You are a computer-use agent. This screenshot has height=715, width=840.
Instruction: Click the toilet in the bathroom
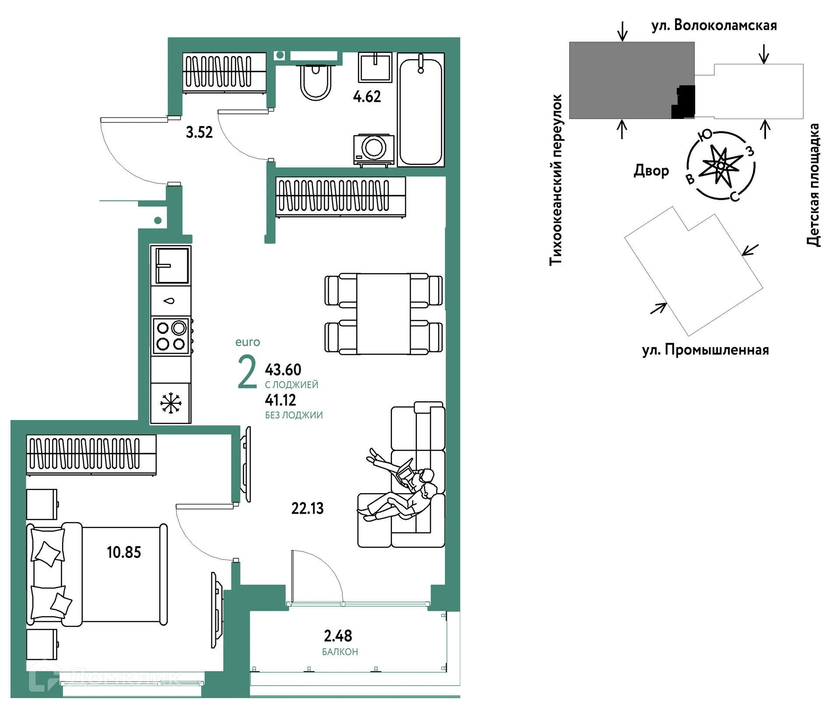click(x=315, y=81)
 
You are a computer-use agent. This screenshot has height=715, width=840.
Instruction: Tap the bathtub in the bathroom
click(x=420, y=109)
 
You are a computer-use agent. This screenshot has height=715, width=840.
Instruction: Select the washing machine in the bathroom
click(x=374, y=150)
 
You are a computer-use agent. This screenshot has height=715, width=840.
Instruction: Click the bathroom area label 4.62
click(x=367, y=97)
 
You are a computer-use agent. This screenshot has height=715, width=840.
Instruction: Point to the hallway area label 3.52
click(x=199, y=132)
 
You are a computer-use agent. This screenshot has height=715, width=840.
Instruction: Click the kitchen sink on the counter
click(x=171, y=265)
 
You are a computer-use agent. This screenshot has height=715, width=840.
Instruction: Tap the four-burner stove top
click(x=171, y=336)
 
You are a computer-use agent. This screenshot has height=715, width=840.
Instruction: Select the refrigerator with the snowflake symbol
click(x=171, y=403)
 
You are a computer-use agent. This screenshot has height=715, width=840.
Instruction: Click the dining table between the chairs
click(x=383, y=314)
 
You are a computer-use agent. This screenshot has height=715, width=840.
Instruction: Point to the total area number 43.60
click(x=283, y=370)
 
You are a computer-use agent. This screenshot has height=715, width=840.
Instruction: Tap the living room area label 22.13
click(x=308, y=508)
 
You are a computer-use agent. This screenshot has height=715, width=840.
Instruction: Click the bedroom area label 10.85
click(x=124, y=552)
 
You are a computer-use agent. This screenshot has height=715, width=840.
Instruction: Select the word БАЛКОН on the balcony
click(x=340, y=652)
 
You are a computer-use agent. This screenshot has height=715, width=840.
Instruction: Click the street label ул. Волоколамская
click(x=714, y=25)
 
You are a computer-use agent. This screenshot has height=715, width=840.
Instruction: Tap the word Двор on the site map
click(x=651, y=170)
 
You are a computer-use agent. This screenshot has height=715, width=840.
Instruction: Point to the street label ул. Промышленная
click(x=705, y=350)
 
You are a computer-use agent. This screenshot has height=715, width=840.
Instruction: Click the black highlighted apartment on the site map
click(x=683, y=102)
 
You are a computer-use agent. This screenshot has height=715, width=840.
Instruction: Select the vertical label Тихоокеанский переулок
click(x=556, y=180)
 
